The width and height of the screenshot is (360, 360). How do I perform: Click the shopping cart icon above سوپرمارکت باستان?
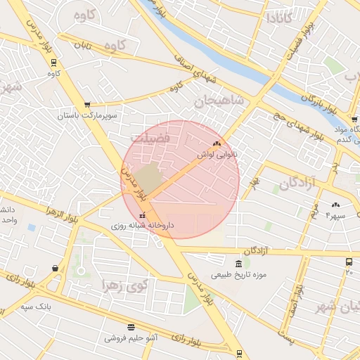point(86,104)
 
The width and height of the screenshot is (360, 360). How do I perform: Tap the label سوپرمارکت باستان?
point(87,114)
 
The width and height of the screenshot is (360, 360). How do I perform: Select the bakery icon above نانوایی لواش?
point(217,143)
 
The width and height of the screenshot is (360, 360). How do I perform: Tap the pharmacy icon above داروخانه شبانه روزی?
point(143,216)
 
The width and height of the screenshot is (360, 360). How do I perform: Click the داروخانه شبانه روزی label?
point(141,226)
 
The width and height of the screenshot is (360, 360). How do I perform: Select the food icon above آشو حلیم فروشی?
point(131,327)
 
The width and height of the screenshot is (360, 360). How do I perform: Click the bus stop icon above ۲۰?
point(349,262)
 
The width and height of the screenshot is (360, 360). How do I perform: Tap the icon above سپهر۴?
point(334,206)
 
